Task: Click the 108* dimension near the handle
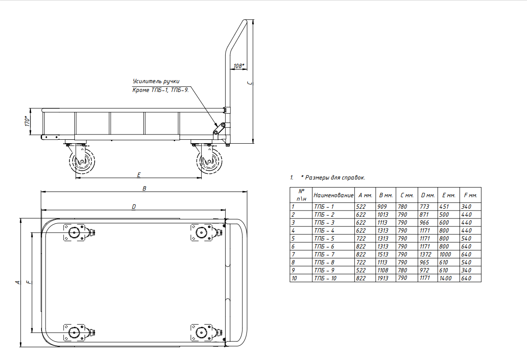point(238,65)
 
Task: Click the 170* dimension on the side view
point(27,121)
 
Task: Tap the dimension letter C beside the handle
point(250,83)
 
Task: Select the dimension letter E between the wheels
point(139,175)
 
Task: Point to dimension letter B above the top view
point(144,188)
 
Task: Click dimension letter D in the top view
point(134,207)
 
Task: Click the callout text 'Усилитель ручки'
point(156,81)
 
